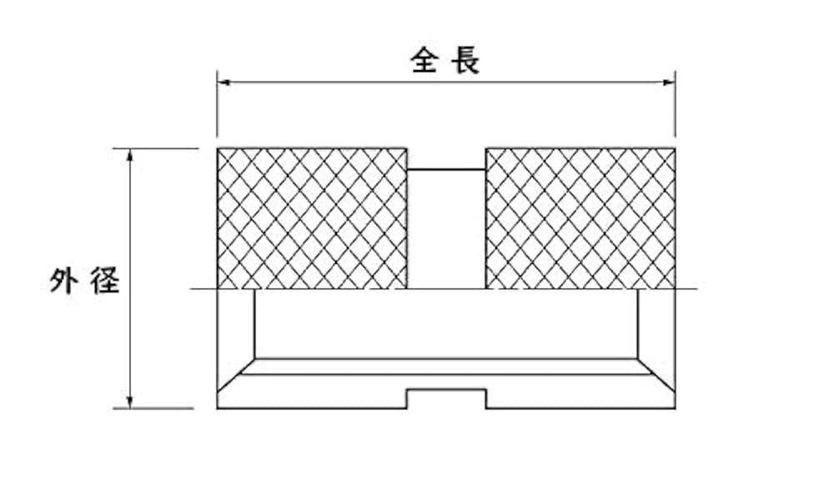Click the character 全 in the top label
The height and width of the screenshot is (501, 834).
(x=424, y=61)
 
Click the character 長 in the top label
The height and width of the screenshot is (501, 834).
(x=466, y=61)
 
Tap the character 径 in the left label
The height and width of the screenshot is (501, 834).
(x=105, y=281)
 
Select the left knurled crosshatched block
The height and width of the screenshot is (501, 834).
(x=312, y=219)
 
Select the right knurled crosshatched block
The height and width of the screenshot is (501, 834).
(x=580, y=219)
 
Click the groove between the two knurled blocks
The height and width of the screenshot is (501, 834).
(x=446, y=229)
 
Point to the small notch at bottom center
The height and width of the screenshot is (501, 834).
(x=446, y=398)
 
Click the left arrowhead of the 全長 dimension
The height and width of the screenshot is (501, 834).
(x=222, y=82)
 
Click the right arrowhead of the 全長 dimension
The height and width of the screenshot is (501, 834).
(x=670, y=82)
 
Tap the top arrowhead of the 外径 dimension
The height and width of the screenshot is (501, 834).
(x=130, y=154)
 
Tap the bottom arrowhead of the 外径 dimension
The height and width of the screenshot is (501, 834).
(x=130, y=403)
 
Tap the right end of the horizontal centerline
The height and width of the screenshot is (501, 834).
(x=694, y=290)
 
